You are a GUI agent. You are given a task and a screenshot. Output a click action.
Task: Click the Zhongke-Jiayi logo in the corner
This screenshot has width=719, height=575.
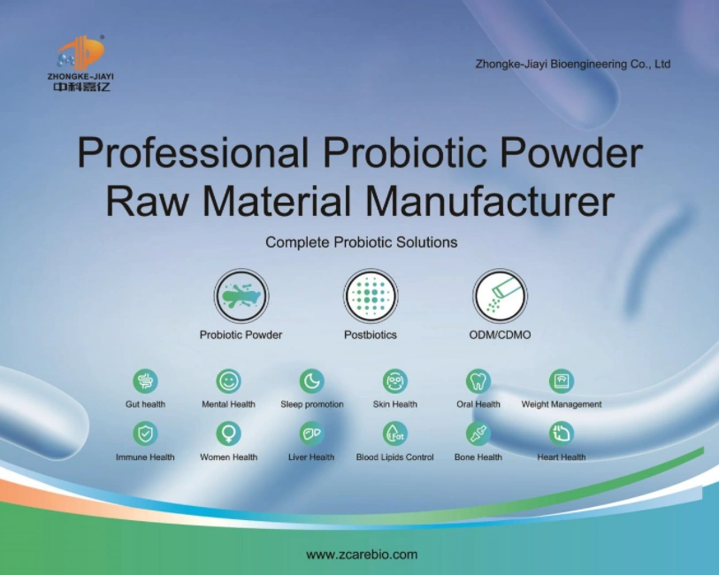click(80, 63)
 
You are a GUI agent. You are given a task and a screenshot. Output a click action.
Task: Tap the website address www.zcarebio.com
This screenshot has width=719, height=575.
click(361, 555)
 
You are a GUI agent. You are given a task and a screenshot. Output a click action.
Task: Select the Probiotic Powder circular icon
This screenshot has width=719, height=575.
click(241, 295)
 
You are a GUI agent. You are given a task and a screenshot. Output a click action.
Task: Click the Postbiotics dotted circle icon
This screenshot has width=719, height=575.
click(371, 295)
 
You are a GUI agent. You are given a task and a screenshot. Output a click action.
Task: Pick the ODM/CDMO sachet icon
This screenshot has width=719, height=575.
click(500, 295)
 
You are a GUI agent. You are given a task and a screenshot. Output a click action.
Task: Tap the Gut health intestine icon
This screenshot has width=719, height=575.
click(145, 381)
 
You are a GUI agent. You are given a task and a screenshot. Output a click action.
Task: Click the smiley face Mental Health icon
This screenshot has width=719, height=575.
click(228, 381)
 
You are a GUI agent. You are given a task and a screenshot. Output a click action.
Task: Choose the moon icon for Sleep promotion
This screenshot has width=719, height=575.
click(311, 381)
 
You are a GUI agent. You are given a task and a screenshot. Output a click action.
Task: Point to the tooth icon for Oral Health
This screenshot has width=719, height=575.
click(478, 381)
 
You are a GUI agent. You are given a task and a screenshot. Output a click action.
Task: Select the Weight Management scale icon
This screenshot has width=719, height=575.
click(561, 381)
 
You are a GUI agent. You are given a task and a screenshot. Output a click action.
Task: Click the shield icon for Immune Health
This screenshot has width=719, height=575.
click(145, 433)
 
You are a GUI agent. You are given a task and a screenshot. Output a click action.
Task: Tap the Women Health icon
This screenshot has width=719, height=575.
click(228, 433)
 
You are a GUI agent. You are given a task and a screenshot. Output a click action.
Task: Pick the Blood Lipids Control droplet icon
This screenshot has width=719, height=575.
click(394, 433)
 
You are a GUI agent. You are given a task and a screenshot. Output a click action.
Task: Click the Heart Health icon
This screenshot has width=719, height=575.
click(561, 433)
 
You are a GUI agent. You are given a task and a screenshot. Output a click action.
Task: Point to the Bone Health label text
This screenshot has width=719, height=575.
click(478, 457)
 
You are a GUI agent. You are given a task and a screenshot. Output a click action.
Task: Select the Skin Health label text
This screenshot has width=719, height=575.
click(394, 404)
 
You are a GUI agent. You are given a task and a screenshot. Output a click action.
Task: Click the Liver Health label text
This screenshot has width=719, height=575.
click(311, 457)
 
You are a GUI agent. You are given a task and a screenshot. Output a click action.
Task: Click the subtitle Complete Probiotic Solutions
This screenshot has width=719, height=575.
click(361, 241)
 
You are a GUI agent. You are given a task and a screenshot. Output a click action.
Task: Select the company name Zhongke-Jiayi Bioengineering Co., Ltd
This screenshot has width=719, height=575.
click(573, 64)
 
